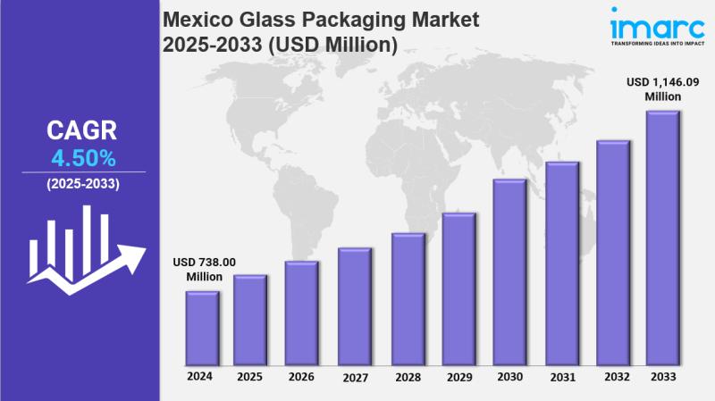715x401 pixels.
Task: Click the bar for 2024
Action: click(202, 328)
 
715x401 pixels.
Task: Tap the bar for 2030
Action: click(509, 272)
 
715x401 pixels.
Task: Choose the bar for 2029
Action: click(458, 289)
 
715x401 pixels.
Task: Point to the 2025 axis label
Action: click(250, 378)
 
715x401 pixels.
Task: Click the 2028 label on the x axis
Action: click(407, 378)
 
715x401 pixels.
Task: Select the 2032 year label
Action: click(613, 378)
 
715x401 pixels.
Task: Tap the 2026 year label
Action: click(301, 378)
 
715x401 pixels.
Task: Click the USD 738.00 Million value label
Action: click(205, 269)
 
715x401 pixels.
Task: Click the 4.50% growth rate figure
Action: click(82, 159)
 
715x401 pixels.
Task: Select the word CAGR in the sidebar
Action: click(82, 131)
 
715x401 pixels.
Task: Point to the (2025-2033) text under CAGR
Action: click(82, 184)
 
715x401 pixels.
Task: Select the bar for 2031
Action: click(561, 263)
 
